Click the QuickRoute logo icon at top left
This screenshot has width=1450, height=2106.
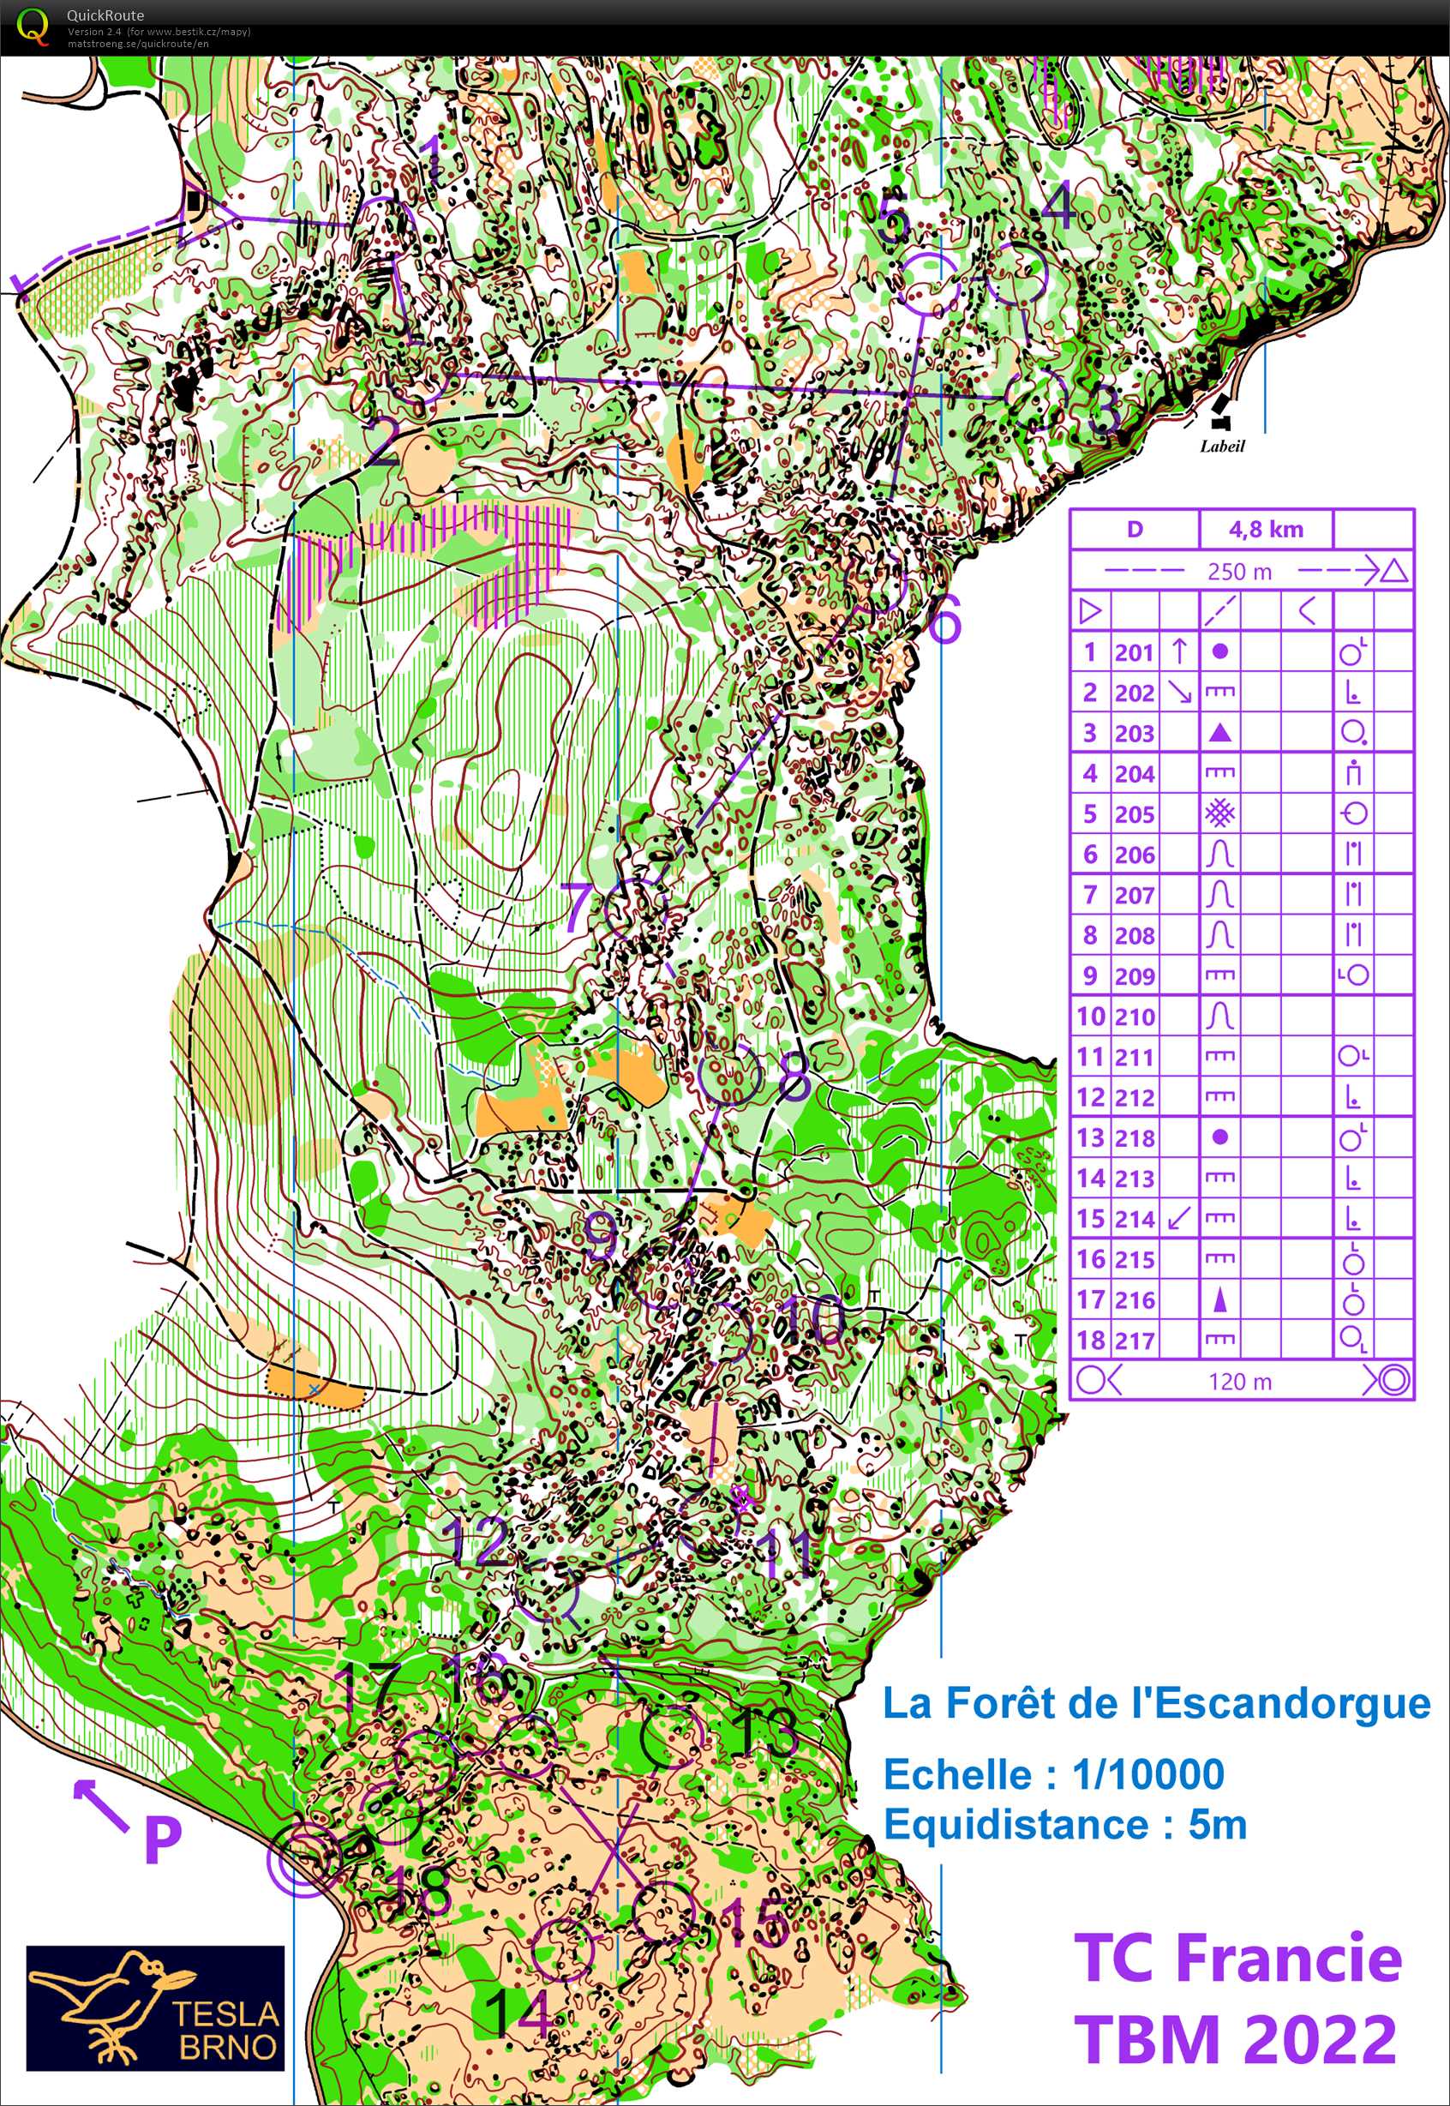pos(32,27)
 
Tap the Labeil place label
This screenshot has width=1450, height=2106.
pos(1222,446)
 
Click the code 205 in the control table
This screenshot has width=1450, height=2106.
pos(1134,814)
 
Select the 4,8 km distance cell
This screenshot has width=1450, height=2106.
pos(1266,530)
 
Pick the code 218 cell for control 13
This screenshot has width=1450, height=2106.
pos(1134,1137)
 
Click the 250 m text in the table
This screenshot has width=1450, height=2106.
pos(1239,572)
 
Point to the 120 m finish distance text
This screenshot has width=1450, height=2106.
pos(1239,1381)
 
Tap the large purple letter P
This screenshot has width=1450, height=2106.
pos(163,1840)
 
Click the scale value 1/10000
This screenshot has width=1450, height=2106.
pos(1147,1773)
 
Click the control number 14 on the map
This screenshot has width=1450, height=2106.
pos(519,2012)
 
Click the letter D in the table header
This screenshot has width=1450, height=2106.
pos(1134,530)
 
